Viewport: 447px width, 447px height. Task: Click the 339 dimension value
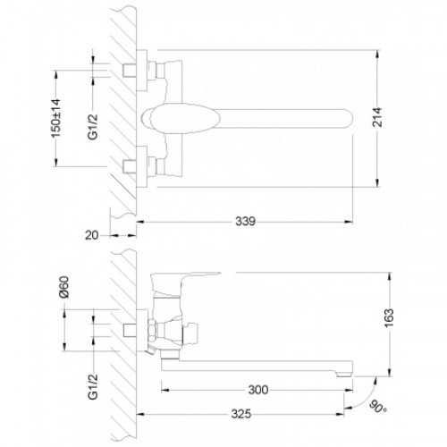point(245,222)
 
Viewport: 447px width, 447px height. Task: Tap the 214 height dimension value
point(377,117)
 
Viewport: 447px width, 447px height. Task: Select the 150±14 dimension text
point(56,118)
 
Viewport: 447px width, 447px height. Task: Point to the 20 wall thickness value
point(91,235)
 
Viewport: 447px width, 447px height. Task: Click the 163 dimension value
point(389,318)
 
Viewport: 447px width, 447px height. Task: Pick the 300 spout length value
point(258,390)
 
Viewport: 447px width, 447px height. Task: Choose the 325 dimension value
point(241,414)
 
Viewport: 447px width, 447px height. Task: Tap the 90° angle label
point(378,407)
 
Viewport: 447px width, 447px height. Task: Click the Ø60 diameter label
point(64,287)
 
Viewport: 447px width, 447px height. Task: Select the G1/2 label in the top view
point(93,126)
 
